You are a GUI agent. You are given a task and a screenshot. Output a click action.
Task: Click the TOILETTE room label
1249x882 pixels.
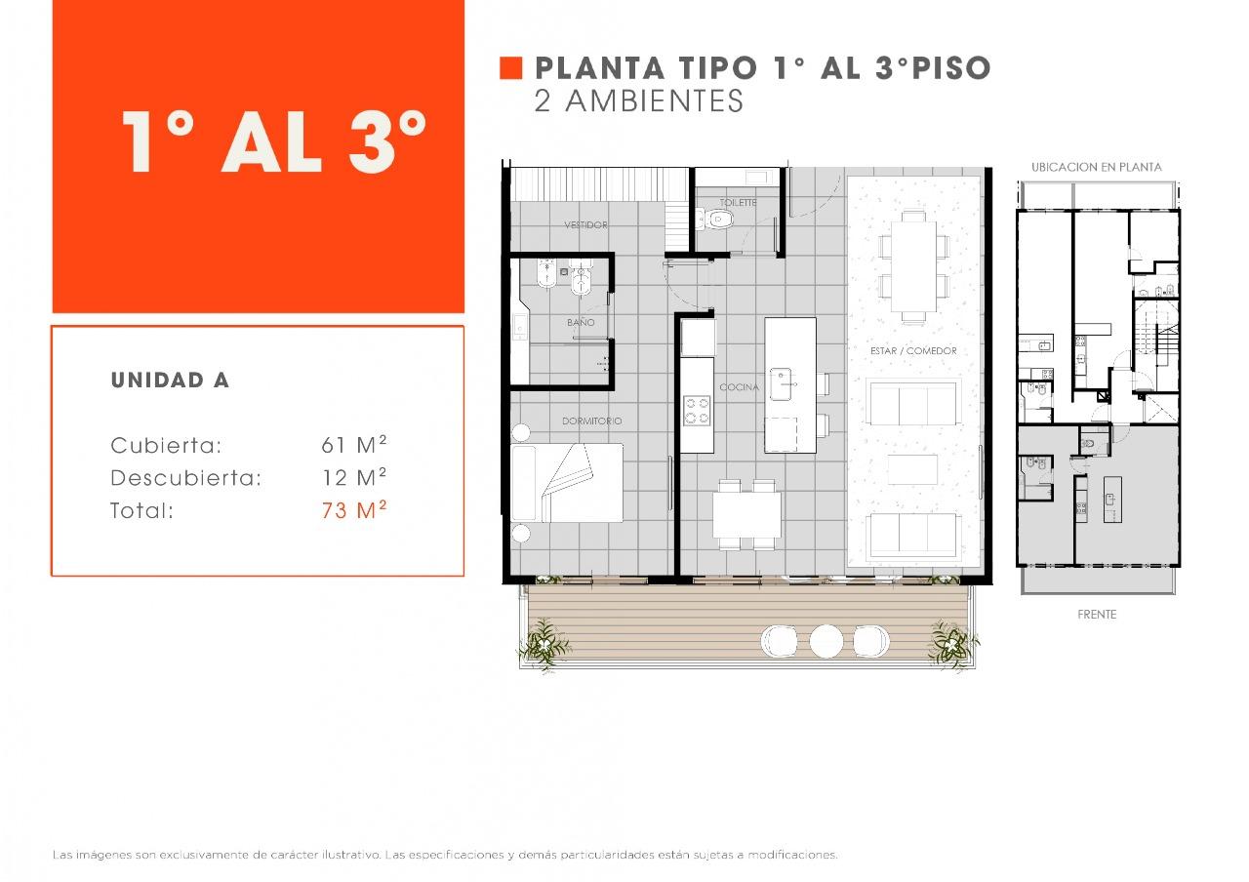coord(738,202)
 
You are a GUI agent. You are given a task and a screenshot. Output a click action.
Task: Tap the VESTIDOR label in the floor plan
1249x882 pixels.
coord(585,224)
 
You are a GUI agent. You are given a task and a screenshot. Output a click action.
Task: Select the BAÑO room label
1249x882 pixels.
coord(581,322)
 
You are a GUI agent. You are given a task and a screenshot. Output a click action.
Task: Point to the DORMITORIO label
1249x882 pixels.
coord(591,421)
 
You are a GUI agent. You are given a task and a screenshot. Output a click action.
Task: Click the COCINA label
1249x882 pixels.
coord(739,387)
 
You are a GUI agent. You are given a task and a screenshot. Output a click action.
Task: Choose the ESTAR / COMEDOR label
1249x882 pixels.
coord(913,350)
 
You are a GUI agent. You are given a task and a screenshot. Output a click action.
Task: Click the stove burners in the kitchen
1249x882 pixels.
coord(697,411)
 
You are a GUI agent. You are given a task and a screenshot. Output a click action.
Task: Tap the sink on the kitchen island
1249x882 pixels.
coord(781,383)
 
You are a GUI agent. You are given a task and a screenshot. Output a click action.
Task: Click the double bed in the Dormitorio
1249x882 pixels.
coord(567,483)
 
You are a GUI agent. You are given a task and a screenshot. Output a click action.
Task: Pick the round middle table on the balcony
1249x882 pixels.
coord(826,641)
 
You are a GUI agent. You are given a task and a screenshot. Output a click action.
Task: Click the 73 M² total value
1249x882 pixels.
coord(354,509)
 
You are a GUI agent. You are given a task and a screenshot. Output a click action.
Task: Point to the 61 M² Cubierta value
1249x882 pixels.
coord(354,444)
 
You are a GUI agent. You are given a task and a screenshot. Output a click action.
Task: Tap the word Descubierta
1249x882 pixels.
coord(185,478)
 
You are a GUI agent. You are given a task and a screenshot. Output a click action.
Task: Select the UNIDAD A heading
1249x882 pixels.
coord(170,381)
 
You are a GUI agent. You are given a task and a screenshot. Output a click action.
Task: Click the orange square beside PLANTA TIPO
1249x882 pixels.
coord(510,68)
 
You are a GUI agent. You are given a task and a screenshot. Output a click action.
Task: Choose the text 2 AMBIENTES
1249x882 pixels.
coord(639,100)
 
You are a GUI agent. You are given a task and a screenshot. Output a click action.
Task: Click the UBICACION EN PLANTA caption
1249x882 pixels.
coord(1096,167)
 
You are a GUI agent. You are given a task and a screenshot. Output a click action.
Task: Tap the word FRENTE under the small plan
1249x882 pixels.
coord(1097,615)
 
